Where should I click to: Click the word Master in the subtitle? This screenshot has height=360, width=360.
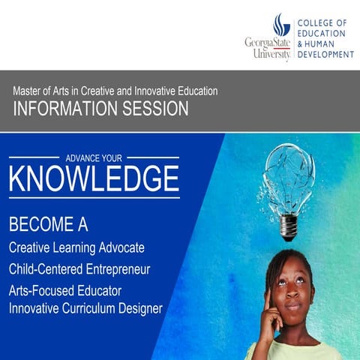(28, 91)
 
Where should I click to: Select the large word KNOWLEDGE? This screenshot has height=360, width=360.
(94, 178)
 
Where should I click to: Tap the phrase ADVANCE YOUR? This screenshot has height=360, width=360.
(94, 158)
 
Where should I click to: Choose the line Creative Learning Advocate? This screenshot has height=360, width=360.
(76, 247)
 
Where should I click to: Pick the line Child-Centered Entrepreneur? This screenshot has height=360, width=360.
(79, 268)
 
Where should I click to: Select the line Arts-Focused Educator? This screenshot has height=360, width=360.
(65, 289)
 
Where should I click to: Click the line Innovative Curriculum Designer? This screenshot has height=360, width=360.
(85, 307)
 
